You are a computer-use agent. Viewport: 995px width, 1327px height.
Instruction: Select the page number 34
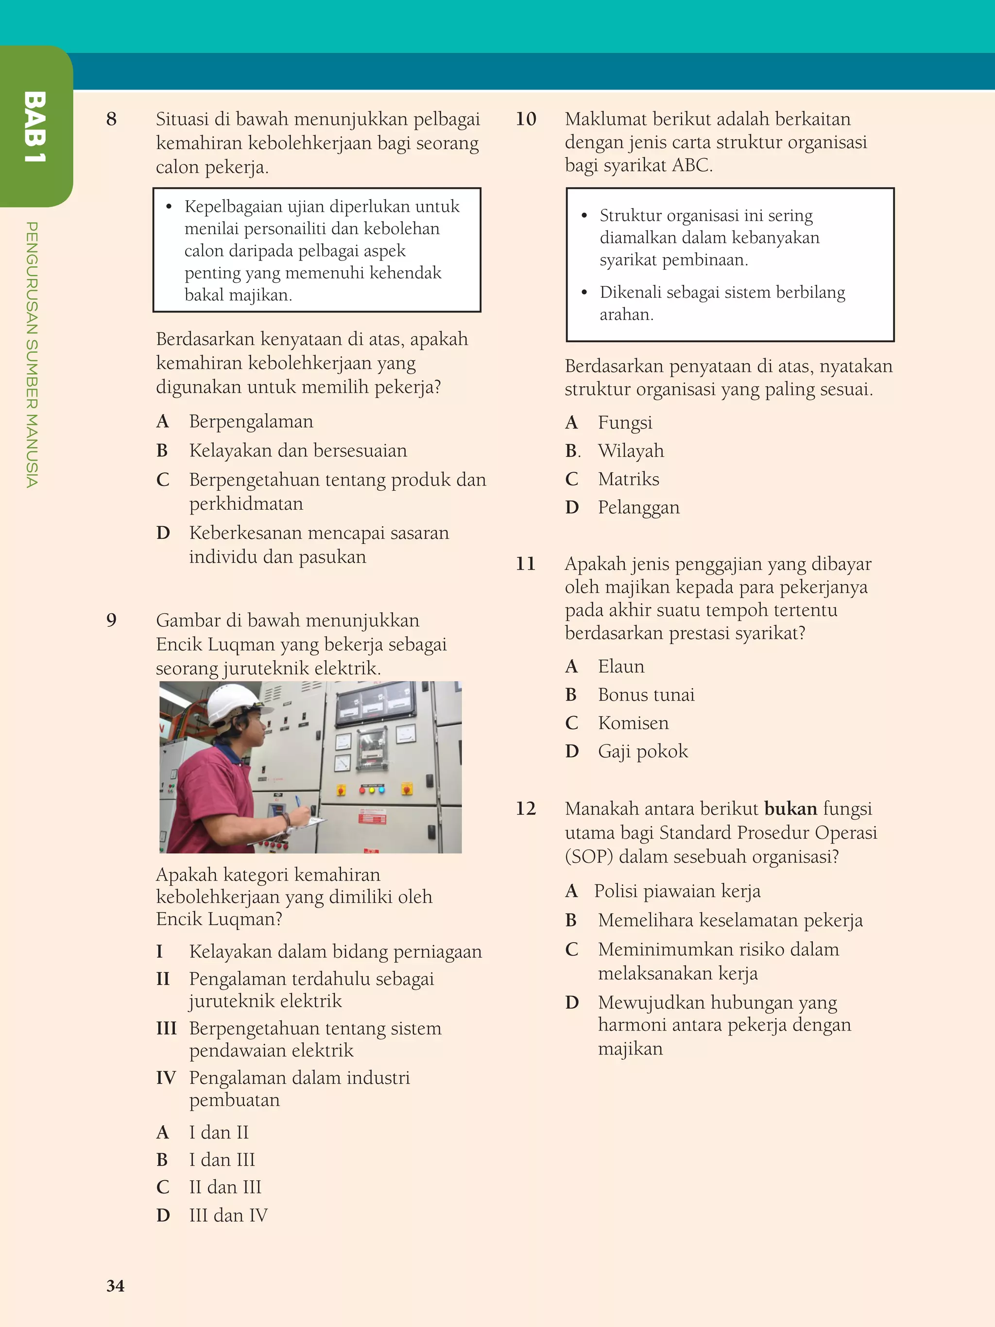[x=115, y=1285]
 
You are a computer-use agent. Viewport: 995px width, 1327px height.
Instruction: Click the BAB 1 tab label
[x=35, y=127]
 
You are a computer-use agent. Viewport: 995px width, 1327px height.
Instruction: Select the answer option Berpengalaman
[x=251, y=421]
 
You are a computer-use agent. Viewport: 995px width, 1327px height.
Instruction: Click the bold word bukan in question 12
[x=790, y=809]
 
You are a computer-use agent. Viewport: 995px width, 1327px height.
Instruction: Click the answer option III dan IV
[x=228, y=1215]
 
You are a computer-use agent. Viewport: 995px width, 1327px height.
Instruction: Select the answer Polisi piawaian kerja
[x=677, y=891]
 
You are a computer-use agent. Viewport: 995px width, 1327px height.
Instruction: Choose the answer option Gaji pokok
[x=642, y=751]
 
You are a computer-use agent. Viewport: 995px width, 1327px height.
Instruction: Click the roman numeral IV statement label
[x=166, y=1077]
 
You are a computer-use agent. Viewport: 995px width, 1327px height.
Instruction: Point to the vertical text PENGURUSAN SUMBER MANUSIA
[x=33, y=354]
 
